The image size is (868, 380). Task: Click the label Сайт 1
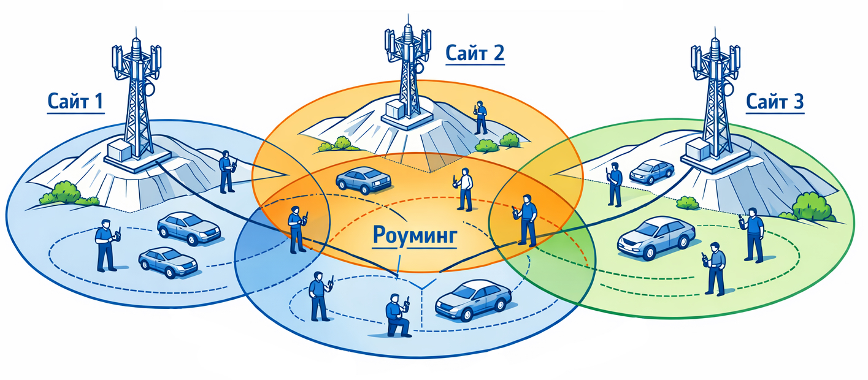(x=75, y=101)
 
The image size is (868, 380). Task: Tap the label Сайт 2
(x=475, y=53)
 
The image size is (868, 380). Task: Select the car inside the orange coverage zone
(x=364, y=179)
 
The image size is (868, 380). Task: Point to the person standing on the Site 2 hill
(x=480, y=117)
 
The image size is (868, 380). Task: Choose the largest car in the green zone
(x=656, y=238)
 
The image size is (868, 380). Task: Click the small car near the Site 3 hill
(x=651, y=172)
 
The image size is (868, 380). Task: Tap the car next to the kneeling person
(x=473, y=300)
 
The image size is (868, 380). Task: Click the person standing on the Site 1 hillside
(x=227, y=171)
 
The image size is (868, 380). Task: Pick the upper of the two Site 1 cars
(x=189, y=228)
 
